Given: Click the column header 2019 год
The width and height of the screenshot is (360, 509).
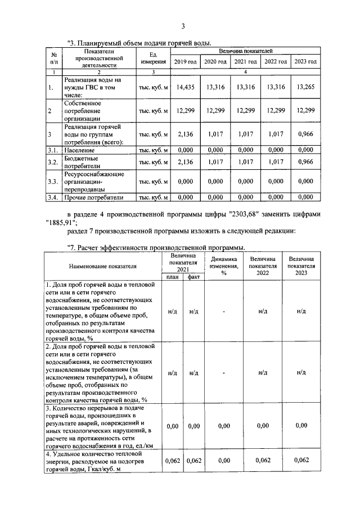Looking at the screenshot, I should tap(185, 61).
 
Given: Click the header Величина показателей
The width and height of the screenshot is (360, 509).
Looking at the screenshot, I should tap(245, 51).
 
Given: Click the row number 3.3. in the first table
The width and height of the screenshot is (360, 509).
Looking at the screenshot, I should tap(52, 181).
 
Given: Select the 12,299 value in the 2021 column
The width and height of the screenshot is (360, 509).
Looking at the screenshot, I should tap(246, 111).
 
